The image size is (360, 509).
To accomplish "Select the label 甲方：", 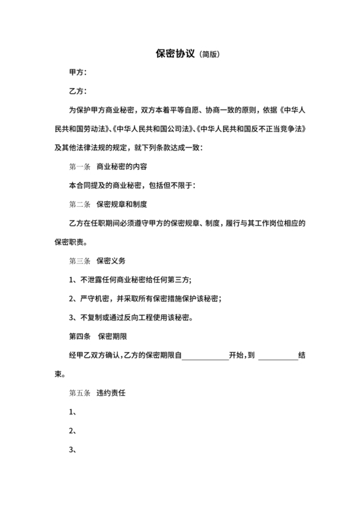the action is point(78,73).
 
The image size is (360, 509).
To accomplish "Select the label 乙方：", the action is point(78,92).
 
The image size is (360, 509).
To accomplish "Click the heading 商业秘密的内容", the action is point(122,167).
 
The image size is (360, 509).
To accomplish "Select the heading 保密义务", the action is point(111,262).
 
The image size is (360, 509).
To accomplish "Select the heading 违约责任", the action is point(111,392).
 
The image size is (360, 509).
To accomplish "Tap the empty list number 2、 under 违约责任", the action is point(73,430).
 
